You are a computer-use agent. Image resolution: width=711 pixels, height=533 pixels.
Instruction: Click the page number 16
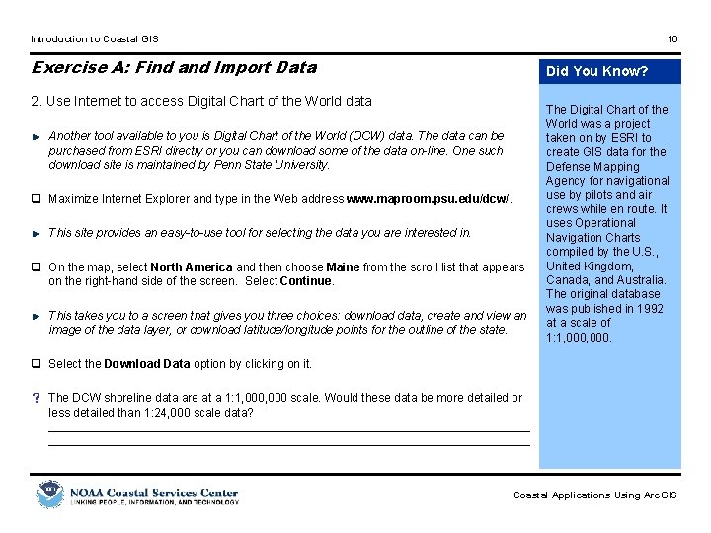[672, 39]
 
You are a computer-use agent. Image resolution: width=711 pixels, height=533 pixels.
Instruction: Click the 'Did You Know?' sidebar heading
[597, 71]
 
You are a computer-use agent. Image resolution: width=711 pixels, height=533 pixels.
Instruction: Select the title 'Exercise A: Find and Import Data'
[174, 67]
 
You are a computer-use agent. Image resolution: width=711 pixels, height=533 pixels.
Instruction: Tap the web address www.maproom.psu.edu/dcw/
[429, 199]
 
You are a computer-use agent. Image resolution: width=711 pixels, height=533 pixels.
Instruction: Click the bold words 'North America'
[192, 267]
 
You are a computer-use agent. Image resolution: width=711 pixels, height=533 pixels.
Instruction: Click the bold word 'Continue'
[306, 281]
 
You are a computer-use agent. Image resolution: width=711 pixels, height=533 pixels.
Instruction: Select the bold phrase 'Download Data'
[147, 364]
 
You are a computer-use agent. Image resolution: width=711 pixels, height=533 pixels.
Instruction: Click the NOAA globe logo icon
[49, 495]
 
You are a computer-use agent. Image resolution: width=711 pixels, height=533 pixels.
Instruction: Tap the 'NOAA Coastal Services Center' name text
[153, 492]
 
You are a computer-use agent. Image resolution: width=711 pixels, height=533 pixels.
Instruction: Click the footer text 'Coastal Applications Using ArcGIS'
[594, 495]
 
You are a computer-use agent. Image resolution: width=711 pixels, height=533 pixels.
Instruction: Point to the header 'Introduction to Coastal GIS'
[94, 39]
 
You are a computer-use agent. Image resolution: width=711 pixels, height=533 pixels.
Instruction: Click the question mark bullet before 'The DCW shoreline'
[36, 398]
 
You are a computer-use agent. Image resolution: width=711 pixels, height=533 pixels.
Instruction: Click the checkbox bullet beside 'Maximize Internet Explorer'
[36, 199]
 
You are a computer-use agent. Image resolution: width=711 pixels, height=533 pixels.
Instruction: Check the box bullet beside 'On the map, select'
[36, 267]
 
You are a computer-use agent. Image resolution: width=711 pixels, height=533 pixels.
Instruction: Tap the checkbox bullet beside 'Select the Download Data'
[36, 364]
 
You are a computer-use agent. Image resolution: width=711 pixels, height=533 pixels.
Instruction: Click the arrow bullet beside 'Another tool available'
[36, 136]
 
